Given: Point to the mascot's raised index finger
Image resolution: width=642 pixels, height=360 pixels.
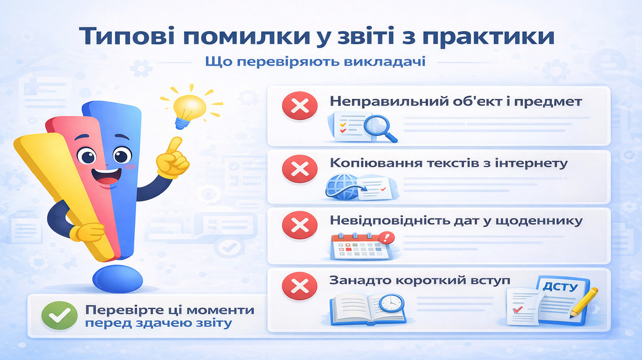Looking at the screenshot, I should point(175,144).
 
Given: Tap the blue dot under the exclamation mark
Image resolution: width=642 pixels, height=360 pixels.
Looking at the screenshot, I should point(117,278).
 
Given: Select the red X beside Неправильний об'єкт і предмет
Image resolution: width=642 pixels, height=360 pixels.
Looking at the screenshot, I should point(299,106).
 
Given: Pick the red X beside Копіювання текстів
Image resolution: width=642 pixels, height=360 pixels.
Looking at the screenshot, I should point(299,168).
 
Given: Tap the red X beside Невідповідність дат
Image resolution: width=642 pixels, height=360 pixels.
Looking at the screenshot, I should point(299,225).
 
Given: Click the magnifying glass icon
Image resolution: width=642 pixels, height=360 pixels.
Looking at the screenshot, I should point(381,126).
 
